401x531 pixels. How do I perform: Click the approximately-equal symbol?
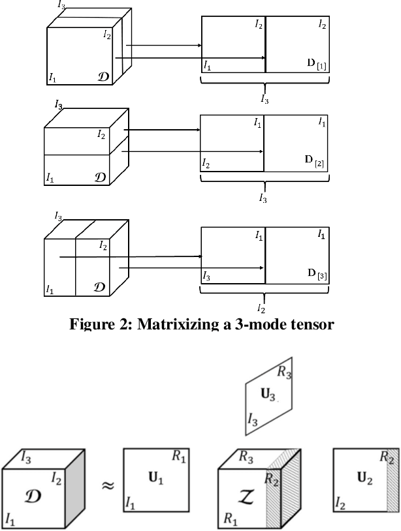pos(104,486)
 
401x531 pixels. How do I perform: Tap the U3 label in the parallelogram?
pos(266,395)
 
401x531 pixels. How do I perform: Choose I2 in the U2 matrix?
pos(340,520)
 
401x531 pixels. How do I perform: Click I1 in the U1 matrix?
pos(130,520)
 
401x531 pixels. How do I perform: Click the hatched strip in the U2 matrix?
pos(392,489)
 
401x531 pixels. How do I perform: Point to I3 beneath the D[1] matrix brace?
pos(264,99)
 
